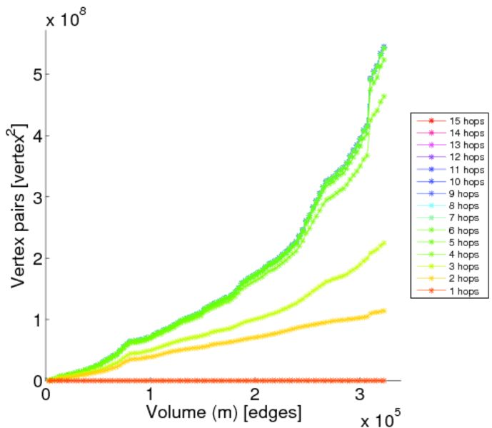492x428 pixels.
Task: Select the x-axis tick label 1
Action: [151, 394]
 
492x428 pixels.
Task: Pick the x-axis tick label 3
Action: [359, 394]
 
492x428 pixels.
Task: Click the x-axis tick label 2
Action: [255, 394]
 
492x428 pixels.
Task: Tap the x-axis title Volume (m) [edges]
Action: [224, 412]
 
